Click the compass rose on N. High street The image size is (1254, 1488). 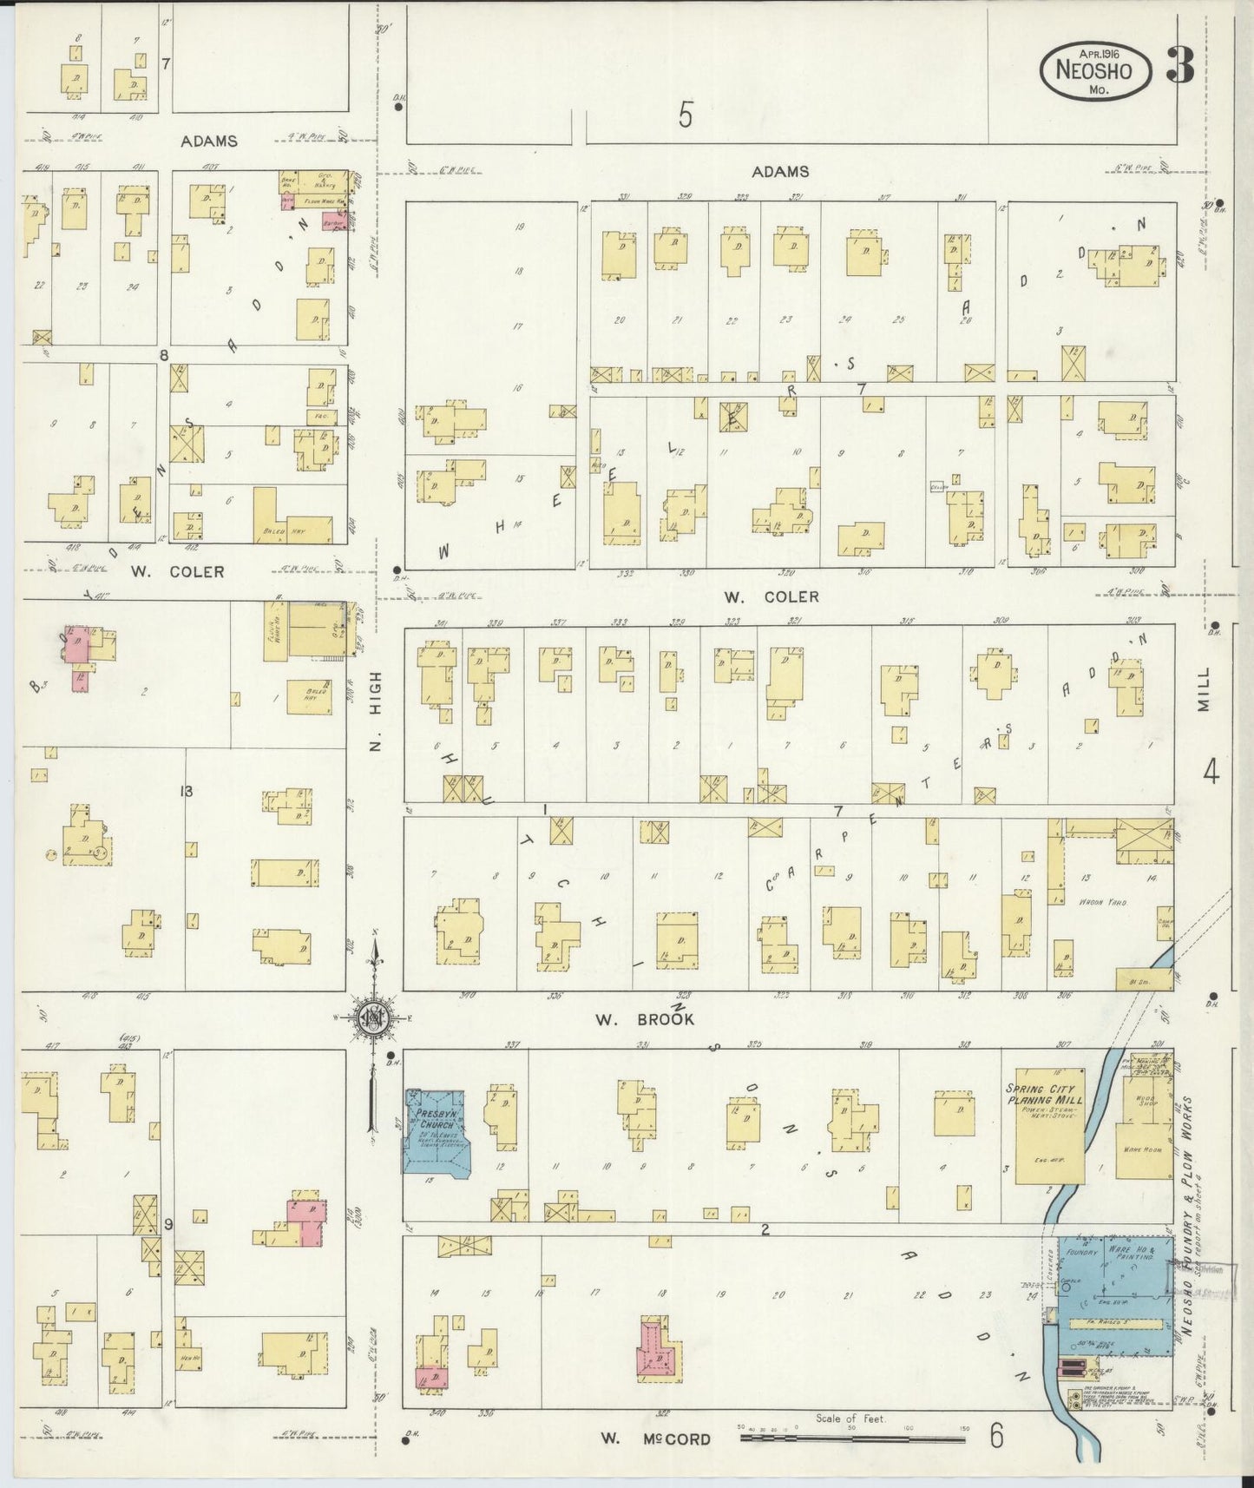[375, 1018]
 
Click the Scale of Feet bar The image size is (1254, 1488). [852, 1439]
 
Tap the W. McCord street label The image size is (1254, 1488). [656, 1439]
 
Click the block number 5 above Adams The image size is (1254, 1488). [686, 115]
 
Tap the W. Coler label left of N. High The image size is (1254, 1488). [178, 571]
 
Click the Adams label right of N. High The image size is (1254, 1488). [780, 172]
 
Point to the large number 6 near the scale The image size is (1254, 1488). [996, 1436]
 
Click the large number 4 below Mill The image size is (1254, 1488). [1211, 770]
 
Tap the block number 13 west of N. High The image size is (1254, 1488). [185, 791]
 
